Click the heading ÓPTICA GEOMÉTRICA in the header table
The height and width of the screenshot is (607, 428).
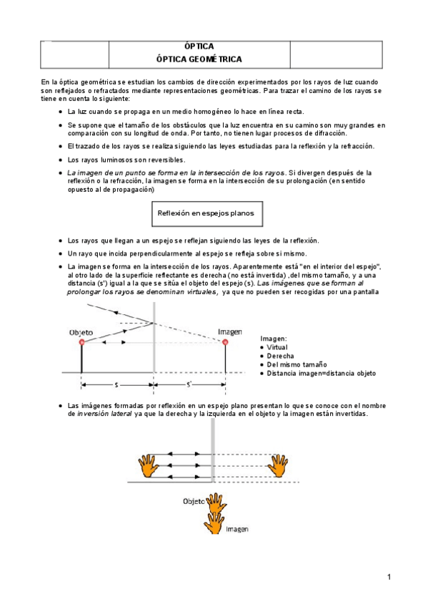point(199,59)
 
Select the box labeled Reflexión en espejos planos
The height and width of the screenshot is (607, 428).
point(204,213)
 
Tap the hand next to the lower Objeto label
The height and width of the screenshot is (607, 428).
point(214,502)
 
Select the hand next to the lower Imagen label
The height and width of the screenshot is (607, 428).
point(214,520)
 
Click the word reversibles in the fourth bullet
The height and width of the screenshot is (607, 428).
point(142,160)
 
